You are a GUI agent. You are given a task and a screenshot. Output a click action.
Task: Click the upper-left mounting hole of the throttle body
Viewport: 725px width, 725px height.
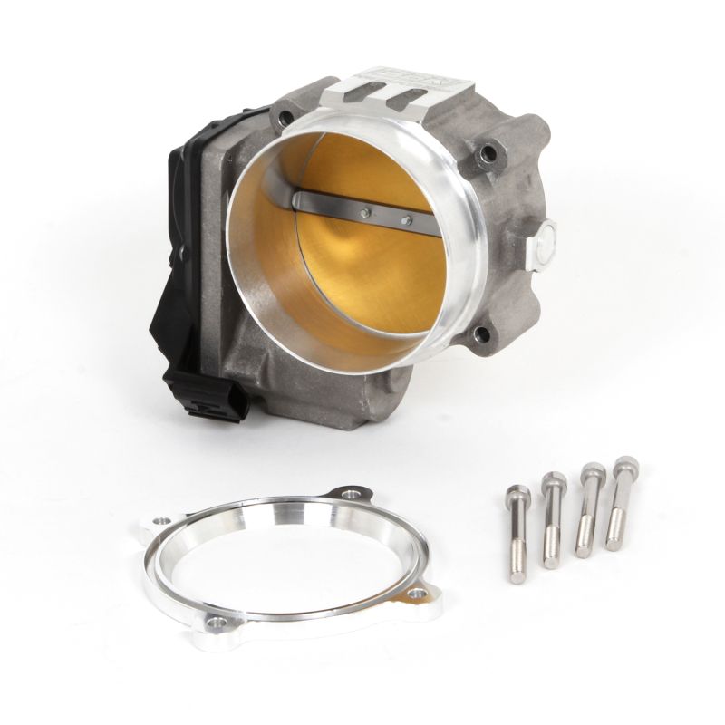pyautogui.click(x=287, y=116)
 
